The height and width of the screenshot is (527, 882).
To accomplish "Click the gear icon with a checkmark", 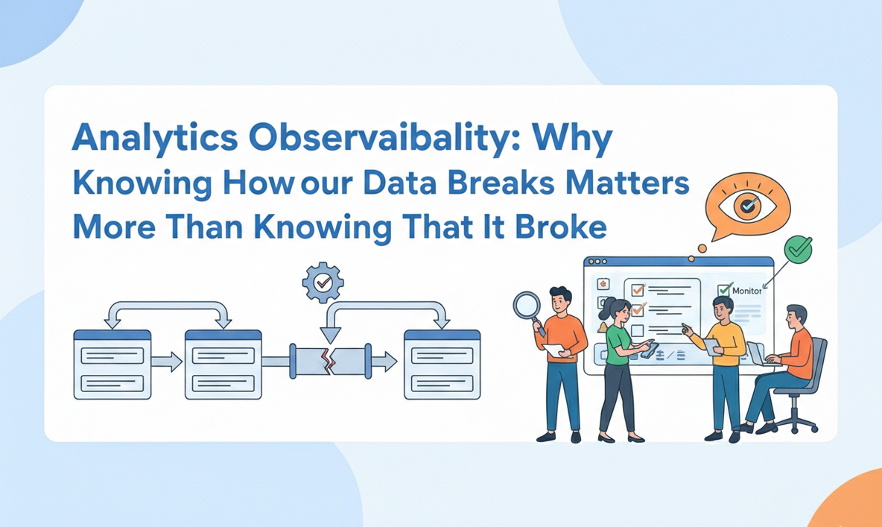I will pos(323,283).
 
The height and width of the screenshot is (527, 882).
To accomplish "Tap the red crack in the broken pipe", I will pos(326,362).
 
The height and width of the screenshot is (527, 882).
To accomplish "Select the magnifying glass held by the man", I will pos(527,306).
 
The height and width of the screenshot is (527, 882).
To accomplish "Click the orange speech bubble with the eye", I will pos(746,207).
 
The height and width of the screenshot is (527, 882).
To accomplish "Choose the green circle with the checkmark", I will pos(799,249).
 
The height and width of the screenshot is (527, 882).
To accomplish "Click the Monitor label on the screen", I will pos(746,291).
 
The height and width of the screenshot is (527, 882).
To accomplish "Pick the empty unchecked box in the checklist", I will pos(637,330).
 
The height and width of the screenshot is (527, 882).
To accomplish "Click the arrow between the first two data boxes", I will pos(167,362).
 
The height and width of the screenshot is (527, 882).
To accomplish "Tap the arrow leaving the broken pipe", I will pos(384,362).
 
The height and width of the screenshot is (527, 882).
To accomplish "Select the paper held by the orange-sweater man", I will pos(552,350).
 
